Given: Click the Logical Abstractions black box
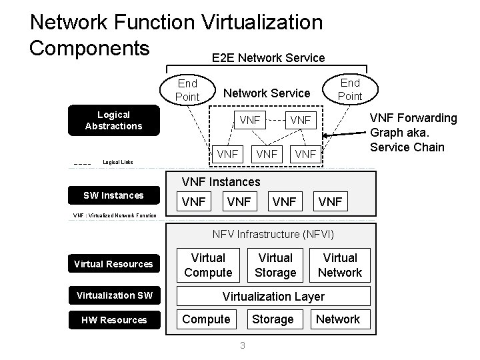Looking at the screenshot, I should point(114,121).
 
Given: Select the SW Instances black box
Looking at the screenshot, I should point(113,195).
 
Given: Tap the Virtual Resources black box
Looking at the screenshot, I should point(113,264).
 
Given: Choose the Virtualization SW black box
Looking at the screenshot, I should point(113,295).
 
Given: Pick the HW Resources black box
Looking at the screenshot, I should point(113,320).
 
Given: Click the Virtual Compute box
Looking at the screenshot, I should point(208,265).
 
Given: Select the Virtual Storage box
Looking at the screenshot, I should point(275,265).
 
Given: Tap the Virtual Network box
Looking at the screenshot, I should point(339,265).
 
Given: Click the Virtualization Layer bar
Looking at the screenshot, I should point(273,296).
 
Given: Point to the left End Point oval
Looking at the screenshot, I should point(187,90).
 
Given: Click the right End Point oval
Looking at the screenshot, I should point(350,89).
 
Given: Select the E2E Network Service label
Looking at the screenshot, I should point(268,58).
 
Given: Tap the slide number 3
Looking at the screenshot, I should point(242,345).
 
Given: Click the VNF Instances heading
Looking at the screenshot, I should point(221,181).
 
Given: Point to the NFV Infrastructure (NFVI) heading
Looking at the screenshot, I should point(273,234).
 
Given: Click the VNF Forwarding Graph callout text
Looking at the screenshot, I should point(413,132).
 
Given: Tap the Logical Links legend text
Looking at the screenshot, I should point(117,162).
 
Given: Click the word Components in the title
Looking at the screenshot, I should point(89,49).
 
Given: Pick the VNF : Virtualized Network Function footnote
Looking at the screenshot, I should point(115,215).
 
